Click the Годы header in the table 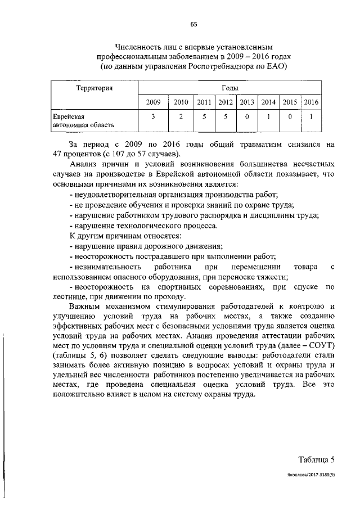point(229,88)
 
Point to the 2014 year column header point(268,102)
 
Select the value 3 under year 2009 point(153,117)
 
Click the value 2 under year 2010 point(181,117)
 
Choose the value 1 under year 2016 point(311,117)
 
